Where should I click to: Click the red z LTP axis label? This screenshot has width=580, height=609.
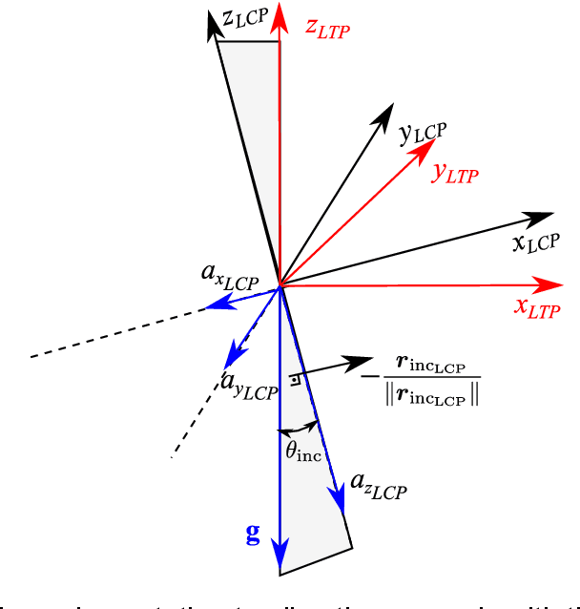[327, 29]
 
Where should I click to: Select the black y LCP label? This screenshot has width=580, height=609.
[423, 133]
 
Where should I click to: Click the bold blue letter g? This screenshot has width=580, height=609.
[253, 535]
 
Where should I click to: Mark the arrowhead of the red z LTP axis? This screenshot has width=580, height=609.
[280, 15]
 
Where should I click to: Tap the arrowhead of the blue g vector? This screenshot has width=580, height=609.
[280, 554]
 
